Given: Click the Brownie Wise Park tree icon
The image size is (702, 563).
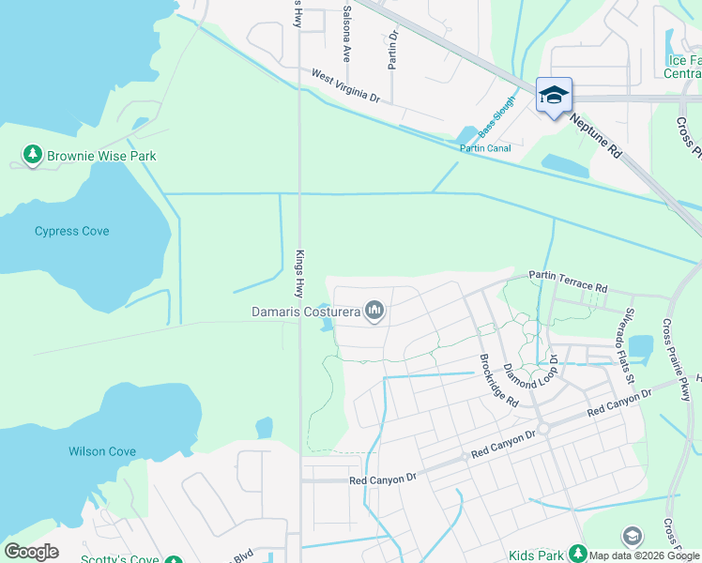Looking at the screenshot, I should click(33, 155).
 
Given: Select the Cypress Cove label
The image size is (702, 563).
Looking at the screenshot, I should click(72, 231).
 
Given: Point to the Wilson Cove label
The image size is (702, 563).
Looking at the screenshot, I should click(102, 451).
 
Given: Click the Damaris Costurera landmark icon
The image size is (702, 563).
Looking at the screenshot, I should click(374, 311).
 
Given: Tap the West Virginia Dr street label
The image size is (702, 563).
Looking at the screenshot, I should click(345, 85).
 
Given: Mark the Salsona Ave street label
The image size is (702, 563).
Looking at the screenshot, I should click(346, 34).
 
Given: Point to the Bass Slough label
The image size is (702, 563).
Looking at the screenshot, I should click(497, 116).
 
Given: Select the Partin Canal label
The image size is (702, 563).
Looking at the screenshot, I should click(484, 147).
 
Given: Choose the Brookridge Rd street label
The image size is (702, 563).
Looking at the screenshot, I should click(498, 380).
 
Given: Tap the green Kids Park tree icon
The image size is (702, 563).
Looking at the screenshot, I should click(578, 555).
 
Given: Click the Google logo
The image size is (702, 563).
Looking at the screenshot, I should click(31, 552).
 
